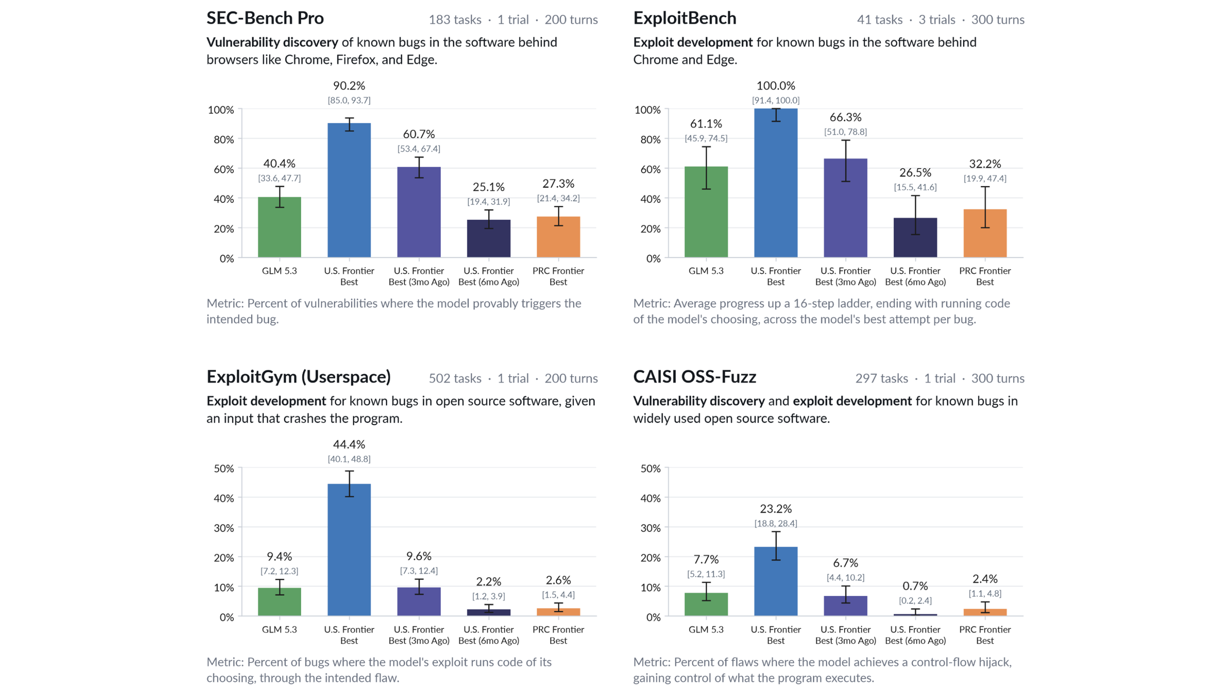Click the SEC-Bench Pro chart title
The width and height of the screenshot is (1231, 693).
[x=265, y=18]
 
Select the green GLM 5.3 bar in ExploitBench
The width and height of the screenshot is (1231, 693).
[x=706, y=212]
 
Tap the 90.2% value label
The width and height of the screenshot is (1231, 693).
[x=349, y=85]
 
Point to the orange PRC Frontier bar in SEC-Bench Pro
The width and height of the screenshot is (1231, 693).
[x=558, y=237]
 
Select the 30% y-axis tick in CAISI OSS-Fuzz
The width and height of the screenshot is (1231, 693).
[x=651, y=527]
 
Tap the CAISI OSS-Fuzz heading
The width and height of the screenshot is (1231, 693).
[x=694, y=377]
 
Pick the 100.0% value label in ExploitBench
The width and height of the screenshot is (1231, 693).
[x=776, y=85]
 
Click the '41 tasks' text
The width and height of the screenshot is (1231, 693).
[x=879, y=20]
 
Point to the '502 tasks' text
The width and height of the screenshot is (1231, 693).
[x=455, y=378]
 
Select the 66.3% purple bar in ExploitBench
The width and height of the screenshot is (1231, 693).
[x=846, y=208]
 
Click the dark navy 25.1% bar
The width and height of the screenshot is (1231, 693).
[x=489, y=239]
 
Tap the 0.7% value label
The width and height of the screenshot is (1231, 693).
[x=915, y=586]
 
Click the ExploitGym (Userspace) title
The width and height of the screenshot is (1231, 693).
[x=299, y=377]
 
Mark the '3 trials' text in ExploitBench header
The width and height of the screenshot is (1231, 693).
[x=937, y=20]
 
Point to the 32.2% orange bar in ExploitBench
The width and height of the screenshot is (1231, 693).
[x=985, y=233]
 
